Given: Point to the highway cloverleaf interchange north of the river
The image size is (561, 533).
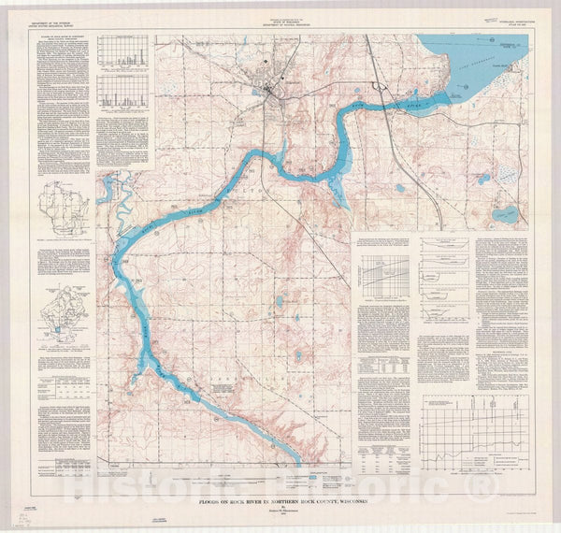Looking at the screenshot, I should pyautogui.click(x=378, y=86).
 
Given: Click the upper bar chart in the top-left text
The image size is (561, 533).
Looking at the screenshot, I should pyautogui.click(x=122, y=54).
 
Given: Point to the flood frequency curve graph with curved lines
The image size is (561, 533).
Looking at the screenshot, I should pyautogui.click(x=384, y=275).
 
